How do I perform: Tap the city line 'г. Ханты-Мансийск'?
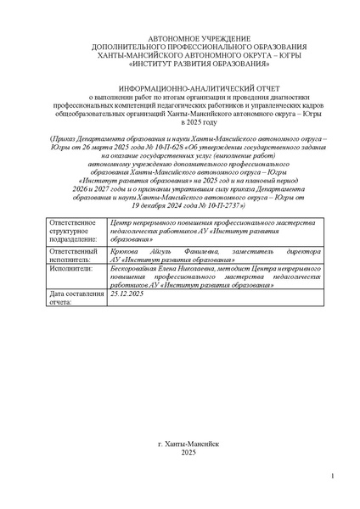click(188, 444)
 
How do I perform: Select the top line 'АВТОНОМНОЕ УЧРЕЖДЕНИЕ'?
click(188, 39)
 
